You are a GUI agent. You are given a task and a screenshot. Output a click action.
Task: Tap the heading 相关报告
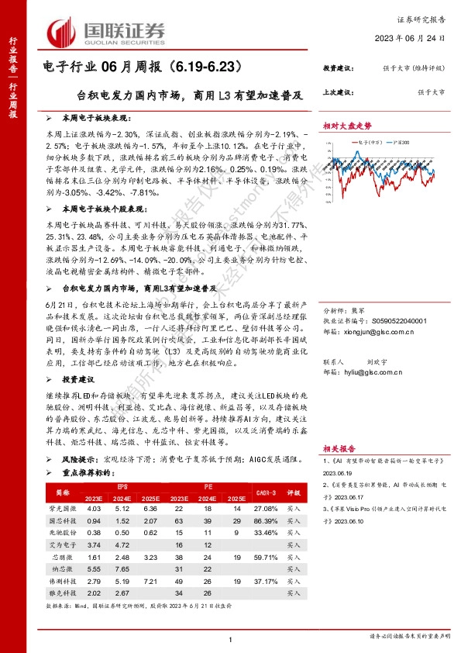click(339, 448)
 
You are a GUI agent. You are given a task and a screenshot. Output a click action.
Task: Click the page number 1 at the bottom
click(231, 638)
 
